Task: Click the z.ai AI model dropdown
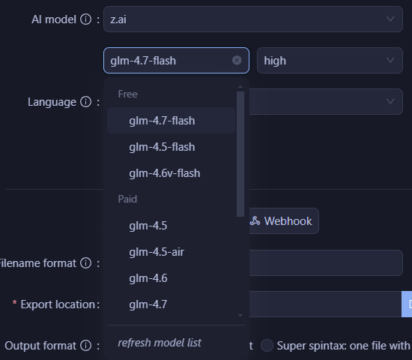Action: pyautogui.click(x=253, y=19)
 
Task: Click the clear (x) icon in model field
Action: pyautogui.click(x=237, y=61)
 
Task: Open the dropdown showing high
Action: pyautogui.click(x=330, y=61)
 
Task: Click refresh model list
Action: pyautogui.click(x=160, y=343)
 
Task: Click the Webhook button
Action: pyautogui.click(x=284, y=221)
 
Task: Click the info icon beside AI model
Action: pyautogui.click(x=85, y=19)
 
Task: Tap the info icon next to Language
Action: pyautogui.click(x=85, y=102)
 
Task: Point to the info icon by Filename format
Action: pyautogui.click(x=85, y=263)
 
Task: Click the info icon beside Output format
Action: pyautogui.click(x=85, y=346)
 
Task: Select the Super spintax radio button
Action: pyautogui.click(x=267, y=346)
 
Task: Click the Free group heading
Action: pyautogui.click(x=127, y=94)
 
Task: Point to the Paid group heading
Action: pyautogui.click(x=127, y=199)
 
